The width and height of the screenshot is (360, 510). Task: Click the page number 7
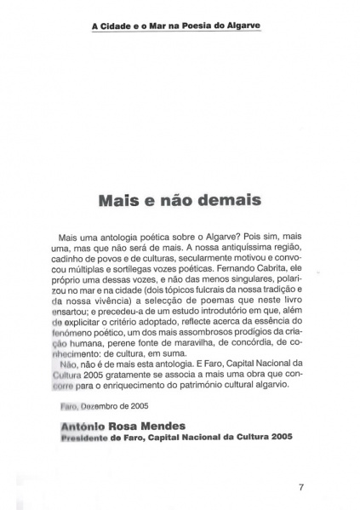[x=302, y=488]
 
